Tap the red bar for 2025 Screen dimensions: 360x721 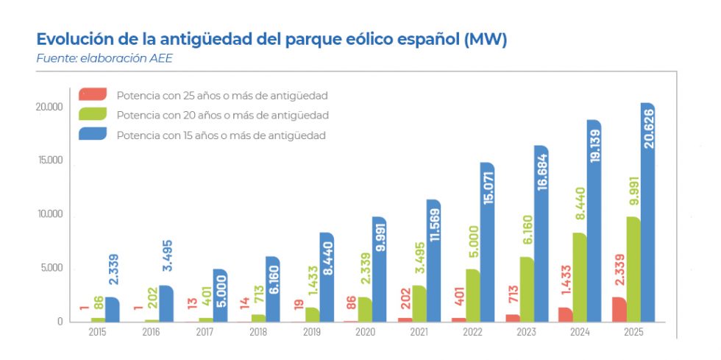click(x=620, y=309)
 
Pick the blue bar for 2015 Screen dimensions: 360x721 click(x=113, y=309)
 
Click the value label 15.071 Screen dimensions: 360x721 click(x=488, y=193)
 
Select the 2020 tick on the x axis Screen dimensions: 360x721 click(x=364, y=332)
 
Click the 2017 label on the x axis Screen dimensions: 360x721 click(x=204, y=332)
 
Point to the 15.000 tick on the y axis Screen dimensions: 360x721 click(x=51, y=160)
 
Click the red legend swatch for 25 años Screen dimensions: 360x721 click(x=93, y=94)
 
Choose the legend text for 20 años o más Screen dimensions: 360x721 click(x=221, y=116)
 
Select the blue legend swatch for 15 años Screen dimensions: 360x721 click(x=93, y=134)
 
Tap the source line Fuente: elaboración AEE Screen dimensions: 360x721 click(x=104, y=58)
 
